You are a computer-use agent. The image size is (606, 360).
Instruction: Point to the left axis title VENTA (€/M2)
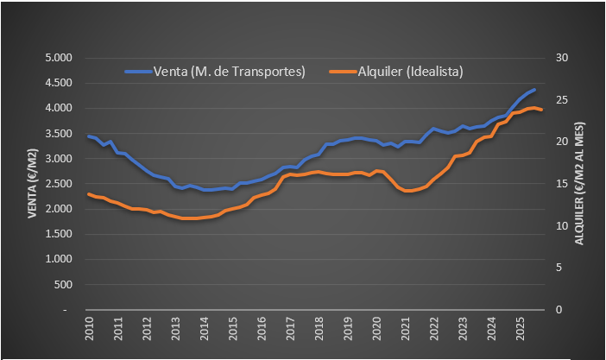[x=33, y=183]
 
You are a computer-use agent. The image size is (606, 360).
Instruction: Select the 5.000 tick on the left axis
[x=60, y=58]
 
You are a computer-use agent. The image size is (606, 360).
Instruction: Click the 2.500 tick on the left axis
[x=60, y=184]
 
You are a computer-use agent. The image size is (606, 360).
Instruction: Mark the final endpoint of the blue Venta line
[x=534, y=90]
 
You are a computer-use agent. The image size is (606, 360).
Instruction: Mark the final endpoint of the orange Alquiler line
[x=541, y=111]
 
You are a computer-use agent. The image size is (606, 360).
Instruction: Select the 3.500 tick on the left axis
[x=60, y=133]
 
